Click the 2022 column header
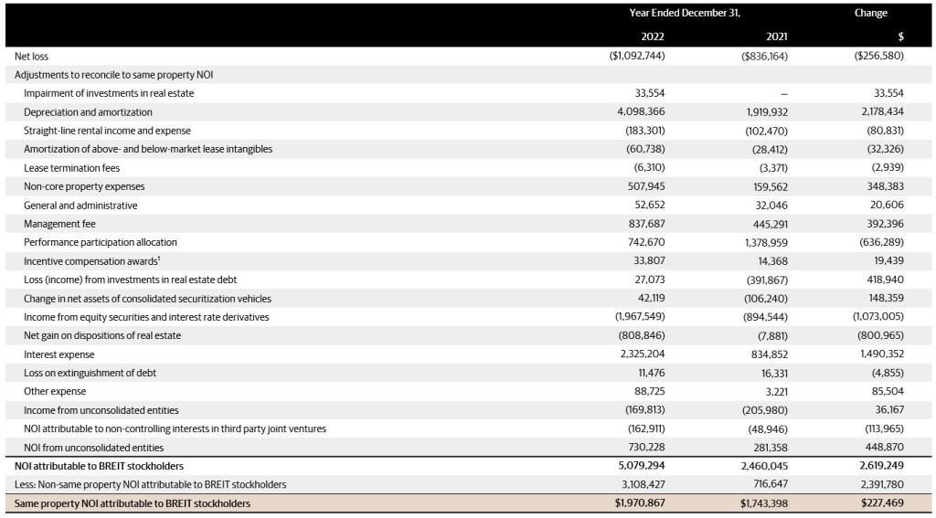click(x=653, y=37)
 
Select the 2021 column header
click(x=777, y=37)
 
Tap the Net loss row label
click(x=32, y=56)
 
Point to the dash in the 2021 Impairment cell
click(x=783, y=94)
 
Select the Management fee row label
click(x=59, y=224)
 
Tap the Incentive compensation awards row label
click(x=92, y=260)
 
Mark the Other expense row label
click(x=55, y=392)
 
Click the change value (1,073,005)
click(x=878, y=317)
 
